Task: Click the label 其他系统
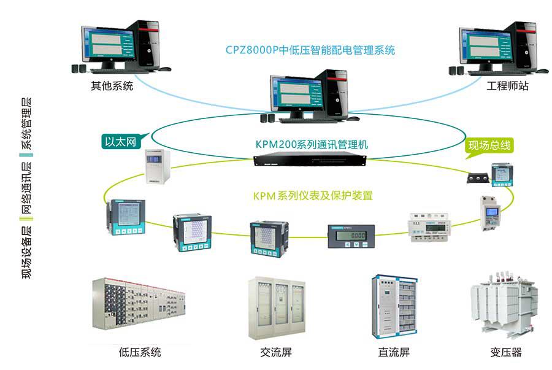coord(112,86)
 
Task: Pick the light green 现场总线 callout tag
coord(488,145)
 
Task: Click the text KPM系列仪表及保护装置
coord(313,196)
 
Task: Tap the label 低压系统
coord(140,352)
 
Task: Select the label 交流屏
coord(275,352)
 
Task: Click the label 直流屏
coord(394,352)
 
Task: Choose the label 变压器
coord(506,352)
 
